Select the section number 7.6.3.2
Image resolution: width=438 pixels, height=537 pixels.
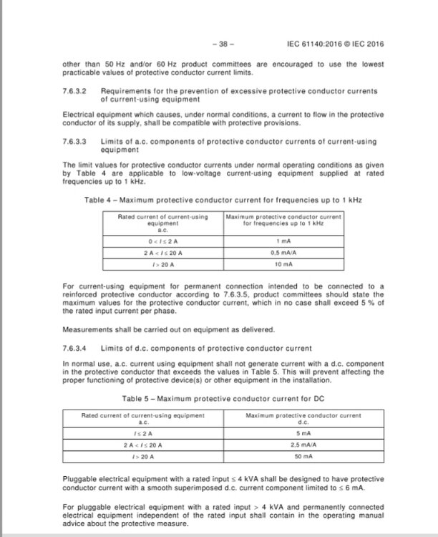(75, 92)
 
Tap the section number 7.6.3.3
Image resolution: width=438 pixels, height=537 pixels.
(75, 142)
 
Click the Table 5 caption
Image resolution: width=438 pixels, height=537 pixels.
(222, 397)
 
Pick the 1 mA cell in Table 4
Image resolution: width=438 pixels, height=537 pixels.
(283, 241)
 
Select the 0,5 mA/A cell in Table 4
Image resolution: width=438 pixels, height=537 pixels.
(283, 253)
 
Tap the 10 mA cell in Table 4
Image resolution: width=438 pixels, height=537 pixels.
(283, 265)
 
